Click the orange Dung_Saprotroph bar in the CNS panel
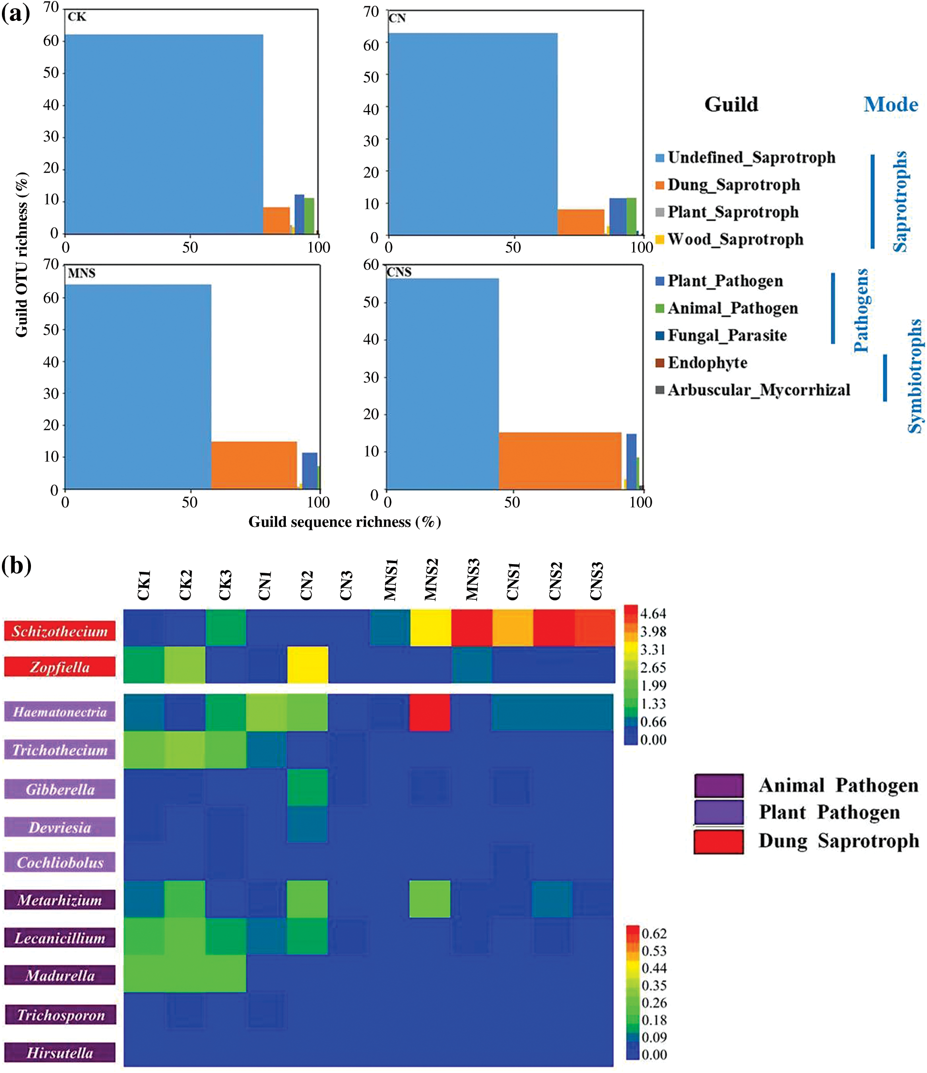(x=559, y=460)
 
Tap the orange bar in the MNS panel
(x=254, y=465)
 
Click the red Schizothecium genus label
(x=60, y=631)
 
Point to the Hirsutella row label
(x=60, y=1053)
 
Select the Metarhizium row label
(x=60, y=900)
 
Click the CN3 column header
(x=346, y=585)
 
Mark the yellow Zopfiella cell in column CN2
(x=308, y=665)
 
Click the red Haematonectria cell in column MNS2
(x=430, y=713)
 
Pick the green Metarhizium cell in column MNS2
(x=430, y=899)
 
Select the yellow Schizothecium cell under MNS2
(x=430, y=628)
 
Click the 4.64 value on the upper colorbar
(x=653, y=614)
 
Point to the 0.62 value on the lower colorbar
(x=654, y=934)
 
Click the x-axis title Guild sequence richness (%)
(x=344, y=522)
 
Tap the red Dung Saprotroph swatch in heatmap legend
(x=718, y=841)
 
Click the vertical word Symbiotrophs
(x=915, y=375)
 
